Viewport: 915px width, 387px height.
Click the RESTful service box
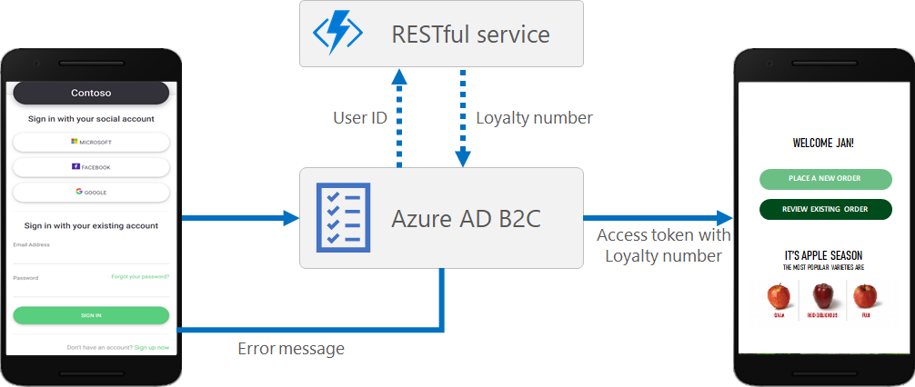pos(441,34)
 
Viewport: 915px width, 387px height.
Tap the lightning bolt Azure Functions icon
pos(338,34)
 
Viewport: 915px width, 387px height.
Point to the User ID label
pos(359,118)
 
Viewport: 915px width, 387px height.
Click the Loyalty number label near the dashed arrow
pos(534,118)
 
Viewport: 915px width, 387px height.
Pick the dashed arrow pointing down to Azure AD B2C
pos(463,117)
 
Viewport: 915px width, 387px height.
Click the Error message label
pos(291,348)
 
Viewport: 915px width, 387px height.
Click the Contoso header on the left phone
pos(91,93)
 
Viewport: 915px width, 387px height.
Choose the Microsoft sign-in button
pos(91,143)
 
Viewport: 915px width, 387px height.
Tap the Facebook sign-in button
pos(91,167)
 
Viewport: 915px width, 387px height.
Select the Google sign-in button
pos(91,193)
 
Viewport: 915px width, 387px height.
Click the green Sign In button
pos(91,315)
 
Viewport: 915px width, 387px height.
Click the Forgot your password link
pos(140,276)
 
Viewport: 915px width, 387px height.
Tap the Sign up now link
pos(151,347)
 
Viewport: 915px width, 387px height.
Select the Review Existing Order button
pos(825,209)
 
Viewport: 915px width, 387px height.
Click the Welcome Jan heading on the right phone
pos(823,143)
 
